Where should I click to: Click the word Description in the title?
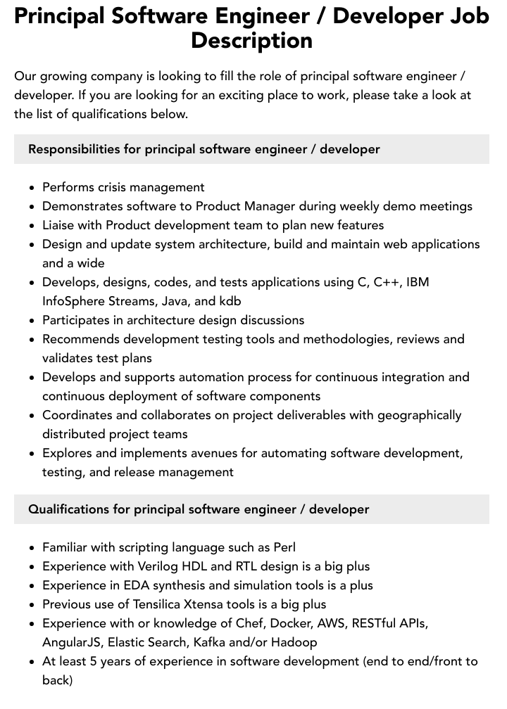point(251,40)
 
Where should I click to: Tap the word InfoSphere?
point(77,301)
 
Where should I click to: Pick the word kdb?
point(230,301)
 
